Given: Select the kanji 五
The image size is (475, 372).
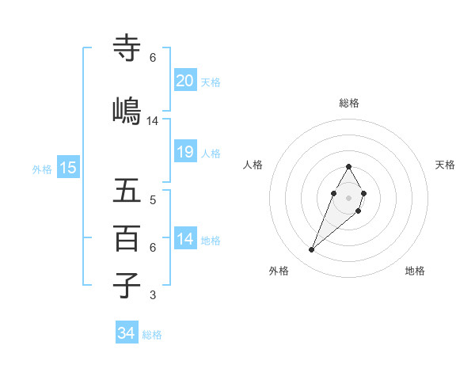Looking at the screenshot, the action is pos(127,192).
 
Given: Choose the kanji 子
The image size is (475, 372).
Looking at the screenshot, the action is pos(127,285).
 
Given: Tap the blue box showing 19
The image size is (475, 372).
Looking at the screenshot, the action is pos(185,153).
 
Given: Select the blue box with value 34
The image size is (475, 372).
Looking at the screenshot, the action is pos(126,333).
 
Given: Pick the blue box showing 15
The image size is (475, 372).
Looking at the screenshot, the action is pos(68,167).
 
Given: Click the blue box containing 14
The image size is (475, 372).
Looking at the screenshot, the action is pos(185,239).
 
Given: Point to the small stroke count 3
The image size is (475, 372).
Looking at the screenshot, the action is pos(152,296).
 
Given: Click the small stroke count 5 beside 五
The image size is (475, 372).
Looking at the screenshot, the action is pos(152,199).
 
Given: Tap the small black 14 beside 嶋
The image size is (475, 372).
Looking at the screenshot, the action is pos(153,121).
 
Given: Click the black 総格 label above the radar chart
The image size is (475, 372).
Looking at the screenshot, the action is pos(349,103).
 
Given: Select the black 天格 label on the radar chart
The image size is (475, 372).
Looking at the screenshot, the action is pos(445,165).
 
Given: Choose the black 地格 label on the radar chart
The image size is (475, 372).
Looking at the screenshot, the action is pos(415,271).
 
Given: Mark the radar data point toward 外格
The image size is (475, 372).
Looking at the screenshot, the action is pos(312,250).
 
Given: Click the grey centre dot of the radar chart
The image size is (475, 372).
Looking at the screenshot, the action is pos(348,195).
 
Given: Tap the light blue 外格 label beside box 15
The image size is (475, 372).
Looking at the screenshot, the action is pos(41,169).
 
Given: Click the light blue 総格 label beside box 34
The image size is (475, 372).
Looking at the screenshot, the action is pos(152,335).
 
